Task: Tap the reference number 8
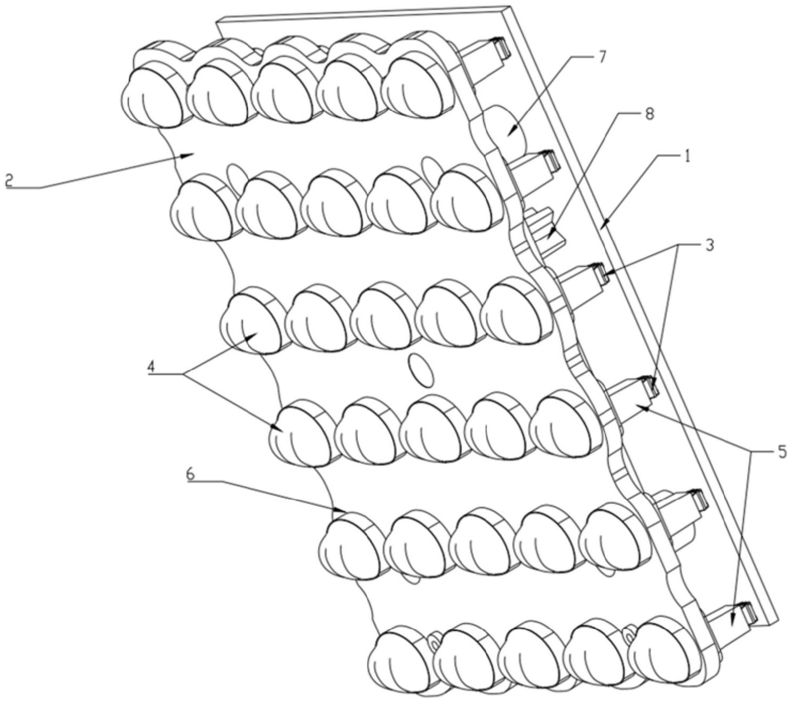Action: click(649, 115)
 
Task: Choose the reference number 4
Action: click(154, 366)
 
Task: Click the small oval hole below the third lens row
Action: click(420, 371)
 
